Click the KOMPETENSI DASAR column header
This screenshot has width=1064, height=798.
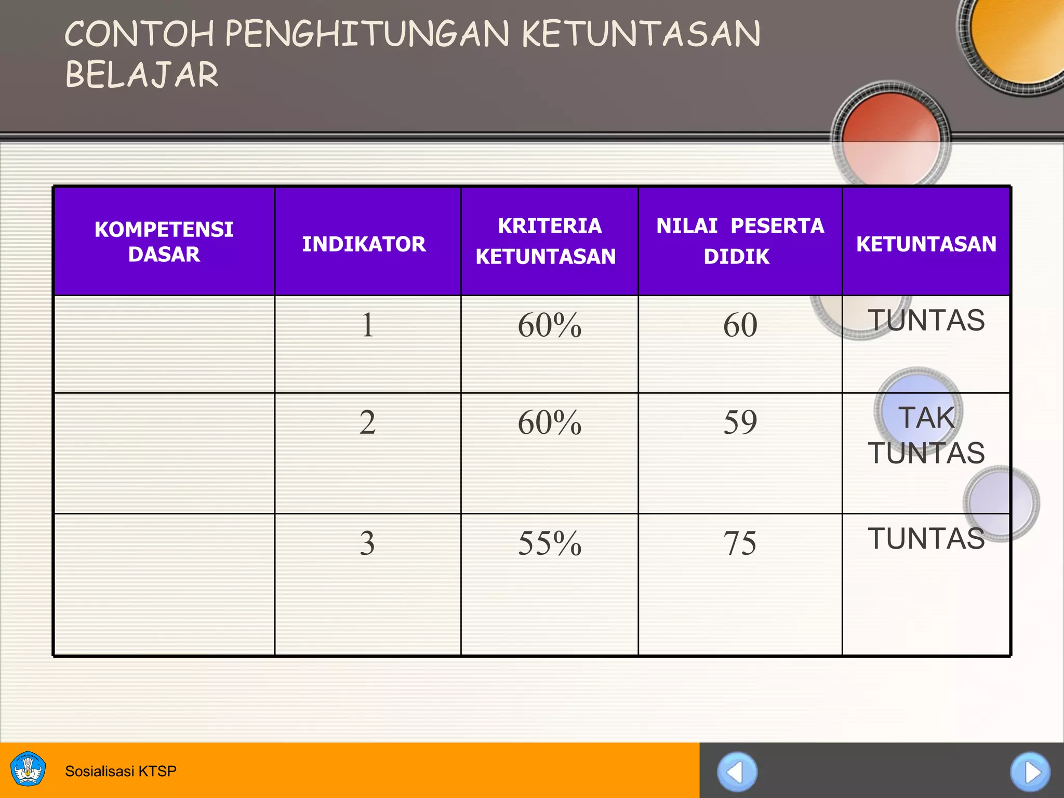point(164,242)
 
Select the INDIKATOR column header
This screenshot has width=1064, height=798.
point(364,244)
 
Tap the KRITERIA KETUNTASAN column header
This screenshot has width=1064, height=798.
point(549,241)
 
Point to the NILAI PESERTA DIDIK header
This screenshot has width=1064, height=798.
point(740,241)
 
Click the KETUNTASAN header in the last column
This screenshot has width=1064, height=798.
point(926,244)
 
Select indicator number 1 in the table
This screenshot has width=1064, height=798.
point(367,325)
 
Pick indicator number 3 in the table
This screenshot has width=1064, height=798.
point(367,543)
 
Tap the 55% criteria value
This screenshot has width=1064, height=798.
point(549,543)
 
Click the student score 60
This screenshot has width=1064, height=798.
point(740,325)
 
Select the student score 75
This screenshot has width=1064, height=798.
point(740,543)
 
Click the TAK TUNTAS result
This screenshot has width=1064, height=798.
point(926,435)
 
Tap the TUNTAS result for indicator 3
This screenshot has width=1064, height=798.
point(926,538)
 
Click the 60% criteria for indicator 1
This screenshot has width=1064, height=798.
point(549,325)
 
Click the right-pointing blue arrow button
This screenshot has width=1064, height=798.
point(1030,772)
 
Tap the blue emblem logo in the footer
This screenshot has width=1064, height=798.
point(28,769)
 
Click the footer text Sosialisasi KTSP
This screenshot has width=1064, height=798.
point(121,771)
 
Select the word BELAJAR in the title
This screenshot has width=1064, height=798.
point(141,74)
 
